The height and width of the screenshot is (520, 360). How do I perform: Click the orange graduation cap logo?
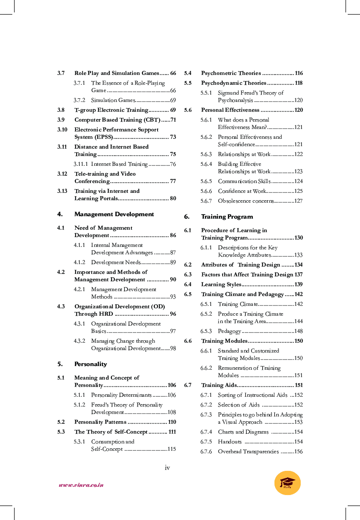click(x=287, y=483)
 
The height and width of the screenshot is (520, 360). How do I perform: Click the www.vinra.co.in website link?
click(x=81, y=485)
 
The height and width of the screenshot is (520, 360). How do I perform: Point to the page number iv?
click(x=167, y=468)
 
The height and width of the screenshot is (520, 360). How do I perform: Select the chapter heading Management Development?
click(x=114, y=214)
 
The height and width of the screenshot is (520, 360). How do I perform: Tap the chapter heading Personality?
click(x=90, y=364)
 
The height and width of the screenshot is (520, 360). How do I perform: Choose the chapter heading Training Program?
click(x=227, y=217)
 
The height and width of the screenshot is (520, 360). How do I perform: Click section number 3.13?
click(x=62, y=191)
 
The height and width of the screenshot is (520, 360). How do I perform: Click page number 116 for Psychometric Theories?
click(x=299, y=73)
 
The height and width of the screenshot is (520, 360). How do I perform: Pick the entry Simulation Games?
click(x=110, y=100)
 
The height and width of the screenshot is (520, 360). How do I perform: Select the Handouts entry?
click(x=229, y=442)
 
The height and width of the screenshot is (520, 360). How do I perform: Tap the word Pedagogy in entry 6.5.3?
click(x=229, y=331)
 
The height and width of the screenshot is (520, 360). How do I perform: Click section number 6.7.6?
click(x=206, y=452)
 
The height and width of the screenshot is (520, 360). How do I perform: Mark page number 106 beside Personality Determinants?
click(x=171, y=395)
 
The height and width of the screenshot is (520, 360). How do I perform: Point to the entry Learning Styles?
click(x=221, y=285)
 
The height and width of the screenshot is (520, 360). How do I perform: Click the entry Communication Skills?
click(x=244, y=181)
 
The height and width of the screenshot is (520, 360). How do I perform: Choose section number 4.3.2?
click(x=79, y=341)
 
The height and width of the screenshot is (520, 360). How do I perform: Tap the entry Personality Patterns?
click(x=100, y=422)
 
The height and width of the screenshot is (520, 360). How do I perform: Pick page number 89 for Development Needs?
click(x=173, y=262)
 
